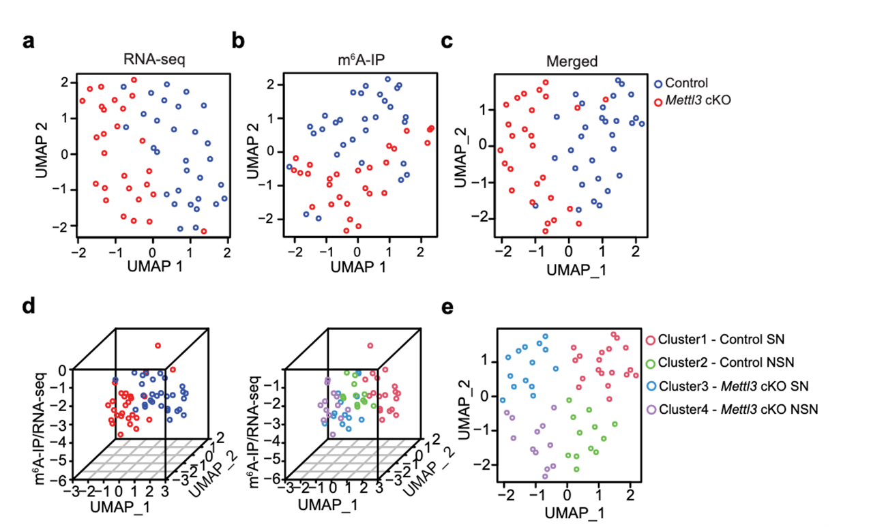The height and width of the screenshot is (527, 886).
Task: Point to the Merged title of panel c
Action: [x=572, y=61]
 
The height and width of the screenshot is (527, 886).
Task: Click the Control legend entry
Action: [x=685, y=84]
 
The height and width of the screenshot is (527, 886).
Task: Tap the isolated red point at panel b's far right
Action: [x=430, y=129]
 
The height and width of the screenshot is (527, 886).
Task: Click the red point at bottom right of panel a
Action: [x=203, y=232]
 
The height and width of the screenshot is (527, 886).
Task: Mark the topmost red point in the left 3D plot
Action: [x=158, y=346]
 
